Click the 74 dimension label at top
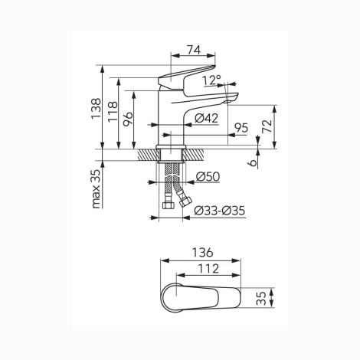[195, 50]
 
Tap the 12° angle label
[212, 80]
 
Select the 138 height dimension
[97, 109]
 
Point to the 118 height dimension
[113, 112]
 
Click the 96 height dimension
[128, 119]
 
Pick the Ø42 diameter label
[207, 118]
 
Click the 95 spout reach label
[241, 128]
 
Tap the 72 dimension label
[267, 126]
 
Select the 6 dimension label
[253, 162]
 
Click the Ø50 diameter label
[208, 176]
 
